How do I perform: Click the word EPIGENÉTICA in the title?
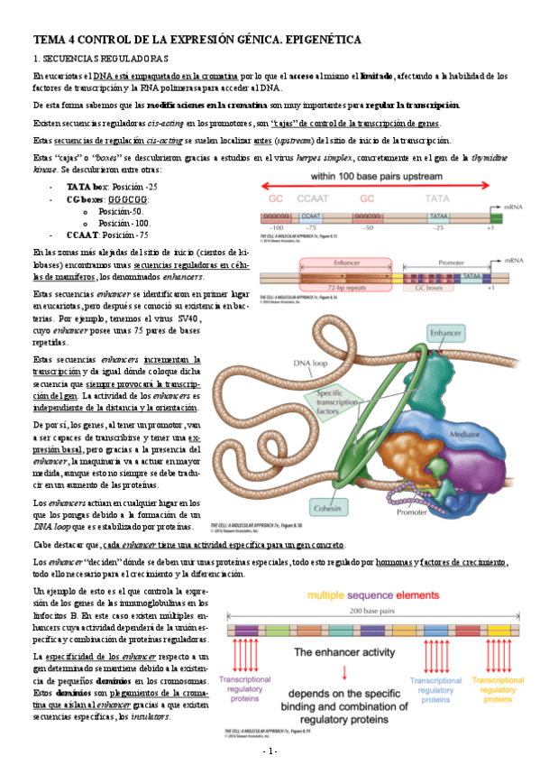[322, 41]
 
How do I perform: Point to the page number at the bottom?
[270, 751]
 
